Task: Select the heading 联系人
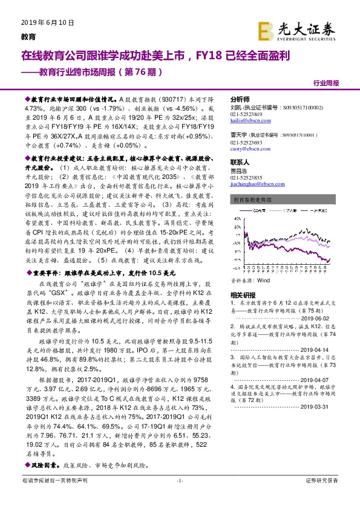240,162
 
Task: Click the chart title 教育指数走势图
251,199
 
